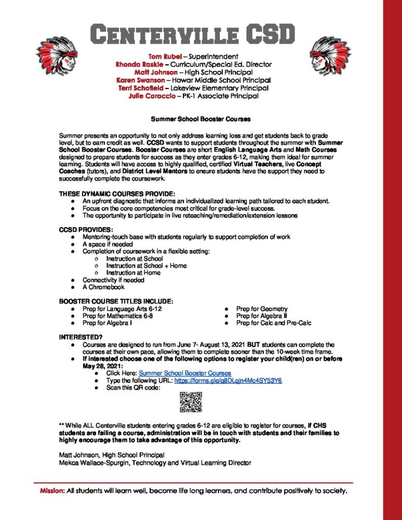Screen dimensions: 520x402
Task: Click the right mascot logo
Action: coord(330,56)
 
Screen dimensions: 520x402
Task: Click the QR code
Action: coord(191,402)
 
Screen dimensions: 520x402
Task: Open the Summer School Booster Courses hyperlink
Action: coord(185,373)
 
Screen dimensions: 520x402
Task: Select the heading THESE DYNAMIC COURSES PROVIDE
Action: coord(117,193)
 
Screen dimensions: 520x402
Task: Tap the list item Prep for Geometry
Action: coord(262,309)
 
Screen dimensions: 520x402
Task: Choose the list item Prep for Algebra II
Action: coord(262,316)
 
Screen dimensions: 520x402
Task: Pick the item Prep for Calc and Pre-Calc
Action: coord(273,323)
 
